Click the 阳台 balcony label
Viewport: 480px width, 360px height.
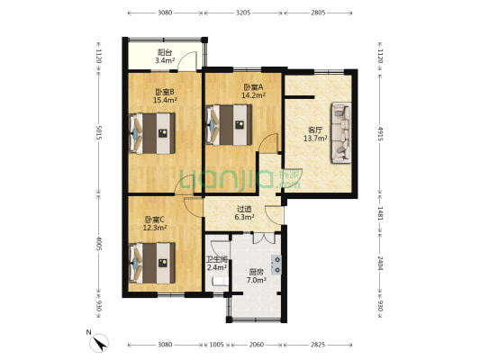165,52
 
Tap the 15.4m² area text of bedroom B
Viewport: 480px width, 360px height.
166,100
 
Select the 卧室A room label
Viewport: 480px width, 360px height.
253,87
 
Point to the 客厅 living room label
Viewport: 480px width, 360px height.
315,130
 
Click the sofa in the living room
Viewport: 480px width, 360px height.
341,132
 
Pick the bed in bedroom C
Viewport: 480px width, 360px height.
152,264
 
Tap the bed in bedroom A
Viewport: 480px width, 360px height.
229,125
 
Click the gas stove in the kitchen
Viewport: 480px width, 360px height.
276,265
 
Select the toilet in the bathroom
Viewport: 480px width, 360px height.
220,282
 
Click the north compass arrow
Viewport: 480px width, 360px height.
100,343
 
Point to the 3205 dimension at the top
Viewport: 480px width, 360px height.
243,13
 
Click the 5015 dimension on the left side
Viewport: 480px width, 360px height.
98,132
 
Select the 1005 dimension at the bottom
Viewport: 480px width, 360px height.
216,345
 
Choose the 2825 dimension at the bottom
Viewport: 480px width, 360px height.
318,345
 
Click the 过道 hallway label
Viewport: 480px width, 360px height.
245,209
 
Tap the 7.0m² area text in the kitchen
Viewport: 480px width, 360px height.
257,280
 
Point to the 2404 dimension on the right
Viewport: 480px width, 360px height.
380,263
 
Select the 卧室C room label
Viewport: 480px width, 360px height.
155,220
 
